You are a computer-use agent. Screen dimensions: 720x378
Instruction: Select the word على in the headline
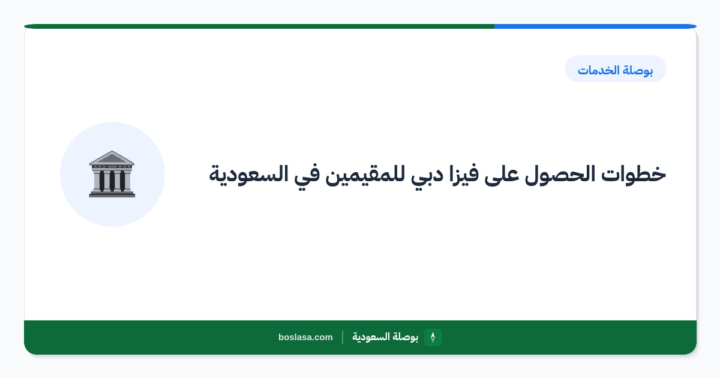coord(502,175)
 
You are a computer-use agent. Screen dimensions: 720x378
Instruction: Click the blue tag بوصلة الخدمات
coord(615,69)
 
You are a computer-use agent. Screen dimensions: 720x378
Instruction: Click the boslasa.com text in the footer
coord(305,337)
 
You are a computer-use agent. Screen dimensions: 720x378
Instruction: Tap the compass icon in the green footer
coord(433,337)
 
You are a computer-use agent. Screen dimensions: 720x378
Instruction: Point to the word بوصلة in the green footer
coord(406,337)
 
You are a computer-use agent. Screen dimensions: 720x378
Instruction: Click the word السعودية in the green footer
coord(371,337)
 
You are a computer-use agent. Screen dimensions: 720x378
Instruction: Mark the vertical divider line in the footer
coord(343,337)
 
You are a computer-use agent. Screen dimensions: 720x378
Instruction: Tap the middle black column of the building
coord(112,181)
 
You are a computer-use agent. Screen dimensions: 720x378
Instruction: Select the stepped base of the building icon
coord(112,194)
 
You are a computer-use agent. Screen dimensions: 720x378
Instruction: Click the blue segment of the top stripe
coord(595,26)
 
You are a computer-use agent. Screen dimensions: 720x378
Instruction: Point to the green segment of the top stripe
coord(259,26)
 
